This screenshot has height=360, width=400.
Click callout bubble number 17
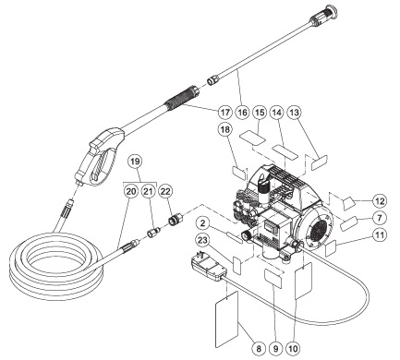tap(225, 113)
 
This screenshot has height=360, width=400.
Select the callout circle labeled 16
tap(242, 113)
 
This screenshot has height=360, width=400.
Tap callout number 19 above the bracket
tap(135, 162)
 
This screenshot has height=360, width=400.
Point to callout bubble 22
tap(165, 192)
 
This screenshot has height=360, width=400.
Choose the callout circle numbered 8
tap(259, 349)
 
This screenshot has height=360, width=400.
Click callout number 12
tap(380, 201)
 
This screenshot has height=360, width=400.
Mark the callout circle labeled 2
tap(202, 223)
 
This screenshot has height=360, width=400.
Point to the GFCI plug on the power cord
tap(209, 266)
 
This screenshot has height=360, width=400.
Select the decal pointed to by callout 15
tap(253, 138)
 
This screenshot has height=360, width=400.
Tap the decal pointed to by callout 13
tap(320, 162)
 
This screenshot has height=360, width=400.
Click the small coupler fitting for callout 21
tap(153, 233)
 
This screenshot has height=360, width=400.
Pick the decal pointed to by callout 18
tap(239, 173)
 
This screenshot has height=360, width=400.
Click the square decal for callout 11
tap(331, 248)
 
